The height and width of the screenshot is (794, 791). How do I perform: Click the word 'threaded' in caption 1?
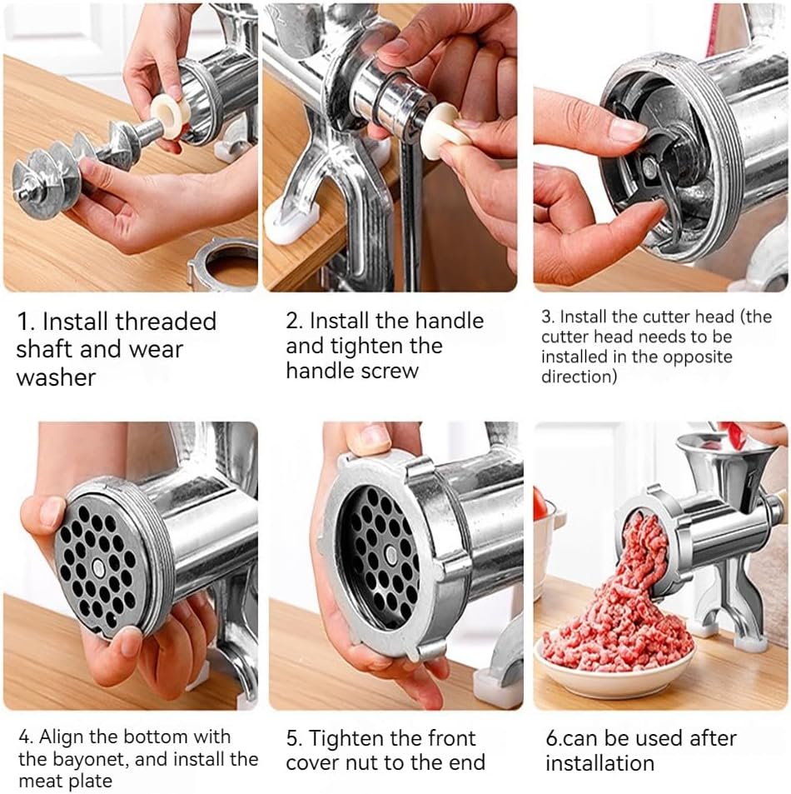166,321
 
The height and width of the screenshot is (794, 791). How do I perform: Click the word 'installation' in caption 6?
599,762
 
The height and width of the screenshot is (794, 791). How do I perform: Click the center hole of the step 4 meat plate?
99,569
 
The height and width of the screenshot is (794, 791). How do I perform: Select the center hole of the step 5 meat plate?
391,555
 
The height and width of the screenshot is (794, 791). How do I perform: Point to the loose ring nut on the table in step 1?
222,263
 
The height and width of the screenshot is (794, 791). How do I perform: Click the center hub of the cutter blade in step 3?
649,166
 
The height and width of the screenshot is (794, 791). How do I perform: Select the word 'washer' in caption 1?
56,377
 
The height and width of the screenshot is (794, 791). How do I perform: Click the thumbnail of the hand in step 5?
375,437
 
